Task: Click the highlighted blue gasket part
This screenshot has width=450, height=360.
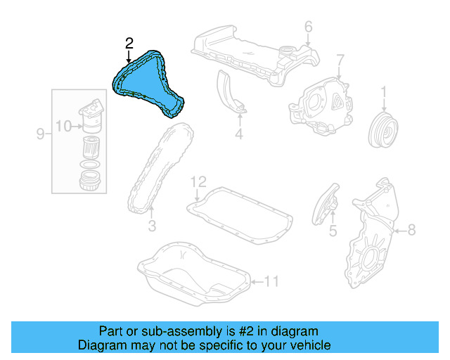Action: (x=144, y=82)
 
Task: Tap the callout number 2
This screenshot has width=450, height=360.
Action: (x=129, y=44)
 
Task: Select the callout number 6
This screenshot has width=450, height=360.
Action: (x=308, y=27)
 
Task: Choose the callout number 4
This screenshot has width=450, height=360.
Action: (x=238, y=133)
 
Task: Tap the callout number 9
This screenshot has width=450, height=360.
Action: (x=41, y=133)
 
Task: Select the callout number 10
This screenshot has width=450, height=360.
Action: (x=63, y=127)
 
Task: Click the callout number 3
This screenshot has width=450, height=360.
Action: (x=150, y=226)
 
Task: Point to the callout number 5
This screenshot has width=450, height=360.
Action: (x=333, y=230)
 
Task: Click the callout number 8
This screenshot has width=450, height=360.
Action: (x=411, y=229)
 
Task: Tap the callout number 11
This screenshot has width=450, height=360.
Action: (x=271, y=282)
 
